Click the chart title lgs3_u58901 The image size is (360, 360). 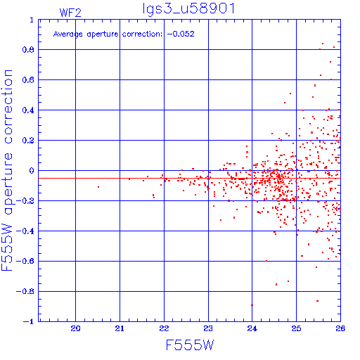[x=188, y=8]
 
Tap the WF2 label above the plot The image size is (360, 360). [x=70, y=13]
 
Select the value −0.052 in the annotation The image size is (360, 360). [x=181, y=34]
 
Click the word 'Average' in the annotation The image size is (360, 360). [x=68, y=34]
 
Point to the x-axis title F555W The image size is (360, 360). [x=190, y=345]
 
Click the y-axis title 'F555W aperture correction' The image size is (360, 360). [x=7, y=170]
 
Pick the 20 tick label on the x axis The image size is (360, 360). [x=75, y=328]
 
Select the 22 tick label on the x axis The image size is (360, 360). [x=164, y=328]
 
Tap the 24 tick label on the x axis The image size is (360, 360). [x=252, y=328]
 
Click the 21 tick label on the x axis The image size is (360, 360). [x=120, y=328]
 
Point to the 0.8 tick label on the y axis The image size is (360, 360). [x=28, y=50]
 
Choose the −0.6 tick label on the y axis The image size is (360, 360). [x=25, y=261]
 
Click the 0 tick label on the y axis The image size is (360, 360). [x=32, y=171]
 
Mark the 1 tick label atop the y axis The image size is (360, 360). [x=32, y=20]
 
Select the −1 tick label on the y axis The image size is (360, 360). [x=29, y=321]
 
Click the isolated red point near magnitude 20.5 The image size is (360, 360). [x=98, y=187]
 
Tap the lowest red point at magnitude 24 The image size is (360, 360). [x=252, y=305]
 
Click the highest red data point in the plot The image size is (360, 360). [x=323, y=44]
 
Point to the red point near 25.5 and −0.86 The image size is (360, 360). [x=318, y=301]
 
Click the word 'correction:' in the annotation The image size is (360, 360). [x=142, y=34]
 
